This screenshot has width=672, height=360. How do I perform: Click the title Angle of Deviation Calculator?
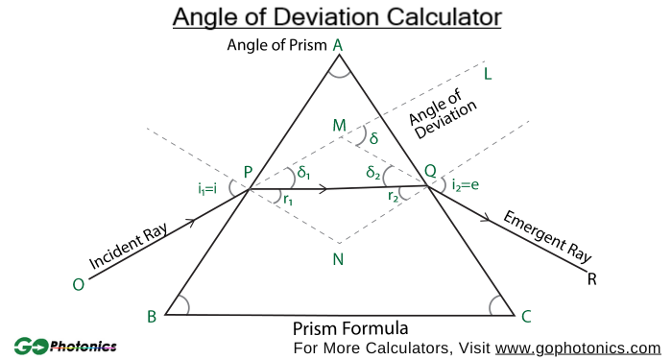click(336, 17)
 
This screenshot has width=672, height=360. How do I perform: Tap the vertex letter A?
click(337, 44)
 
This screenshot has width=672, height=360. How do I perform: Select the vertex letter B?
click(152, 317)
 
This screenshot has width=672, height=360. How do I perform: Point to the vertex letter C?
click(525, 316)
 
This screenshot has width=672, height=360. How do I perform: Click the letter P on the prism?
click(248, 173)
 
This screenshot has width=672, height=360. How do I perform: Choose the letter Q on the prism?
click(430, 171)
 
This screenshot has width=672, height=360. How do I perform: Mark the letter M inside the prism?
click(338, 126)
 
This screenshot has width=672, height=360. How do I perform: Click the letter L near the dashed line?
click(488, 74)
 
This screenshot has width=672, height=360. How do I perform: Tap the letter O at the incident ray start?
click(79, 284)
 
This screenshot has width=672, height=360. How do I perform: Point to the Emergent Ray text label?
click(548, 235)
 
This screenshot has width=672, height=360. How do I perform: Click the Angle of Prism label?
click(276, 45)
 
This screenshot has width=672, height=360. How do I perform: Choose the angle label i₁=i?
click(207, 188)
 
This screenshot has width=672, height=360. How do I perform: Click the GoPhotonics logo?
click(65, 346)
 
